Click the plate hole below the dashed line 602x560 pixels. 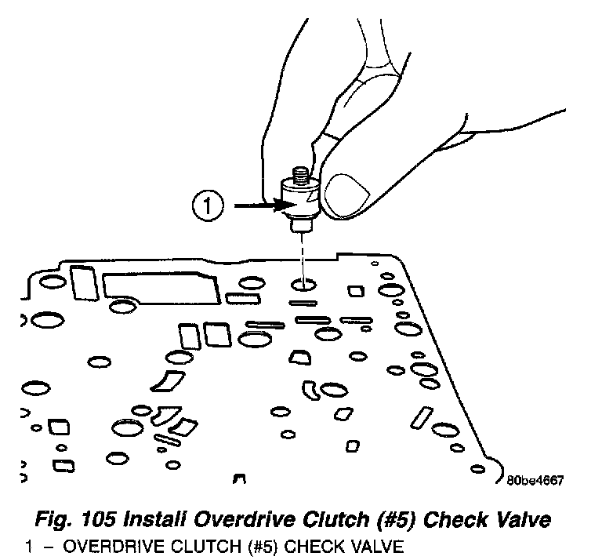303,284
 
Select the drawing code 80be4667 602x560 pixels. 535,481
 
